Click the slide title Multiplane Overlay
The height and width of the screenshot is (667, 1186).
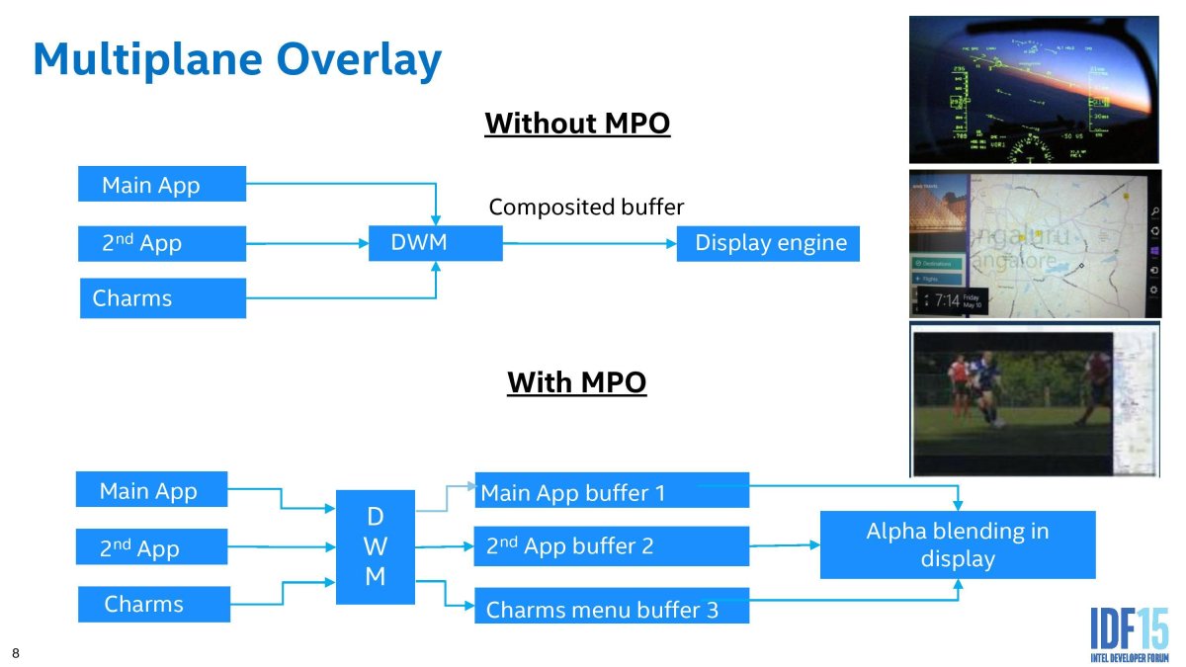click(237, 59)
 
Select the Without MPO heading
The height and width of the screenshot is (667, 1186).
click(577, 124)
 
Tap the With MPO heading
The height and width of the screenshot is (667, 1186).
click(577, 381)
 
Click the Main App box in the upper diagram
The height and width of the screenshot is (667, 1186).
click(162, 185)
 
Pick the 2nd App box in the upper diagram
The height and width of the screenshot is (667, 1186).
click(162, 243)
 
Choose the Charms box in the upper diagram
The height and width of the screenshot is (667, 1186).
click(162, 298)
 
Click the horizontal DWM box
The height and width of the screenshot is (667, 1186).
click(435, 242)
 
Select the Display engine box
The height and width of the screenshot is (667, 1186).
click(768, 243)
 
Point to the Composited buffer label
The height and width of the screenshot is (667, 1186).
click(586, 208)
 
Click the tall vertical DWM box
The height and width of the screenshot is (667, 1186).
click(376, 546)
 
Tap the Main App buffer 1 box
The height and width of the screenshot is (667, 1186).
click(611, 491)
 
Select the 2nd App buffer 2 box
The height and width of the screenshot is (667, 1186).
click(611, 545)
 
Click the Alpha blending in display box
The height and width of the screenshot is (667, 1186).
click(957, 544)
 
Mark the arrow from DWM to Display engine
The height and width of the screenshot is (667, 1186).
click(589, 243)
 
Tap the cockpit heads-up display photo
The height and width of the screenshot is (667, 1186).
click(1033, 89)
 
